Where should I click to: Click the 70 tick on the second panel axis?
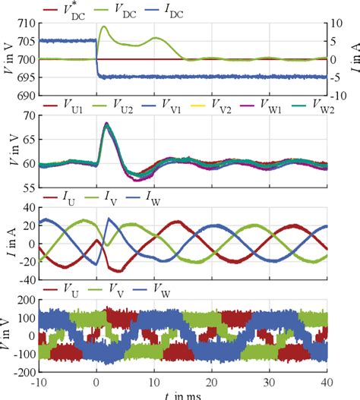pos(28,116)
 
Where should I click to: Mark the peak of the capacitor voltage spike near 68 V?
pos(107,124)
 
